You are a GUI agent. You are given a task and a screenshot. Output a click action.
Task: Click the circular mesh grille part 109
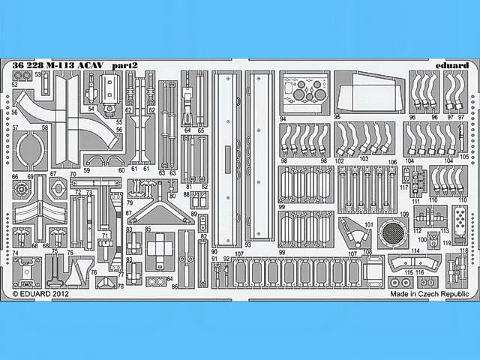pos(391,235)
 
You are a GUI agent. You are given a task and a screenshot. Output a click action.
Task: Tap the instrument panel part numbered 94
pos(304,95)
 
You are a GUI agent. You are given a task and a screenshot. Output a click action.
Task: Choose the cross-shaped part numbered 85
pos(160,247)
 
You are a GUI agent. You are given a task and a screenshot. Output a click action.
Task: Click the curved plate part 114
pos(408,262)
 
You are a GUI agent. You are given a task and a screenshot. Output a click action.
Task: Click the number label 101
pos(368,224)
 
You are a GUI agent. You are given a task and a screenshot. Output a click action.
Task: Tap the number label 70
pos(73,174)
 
